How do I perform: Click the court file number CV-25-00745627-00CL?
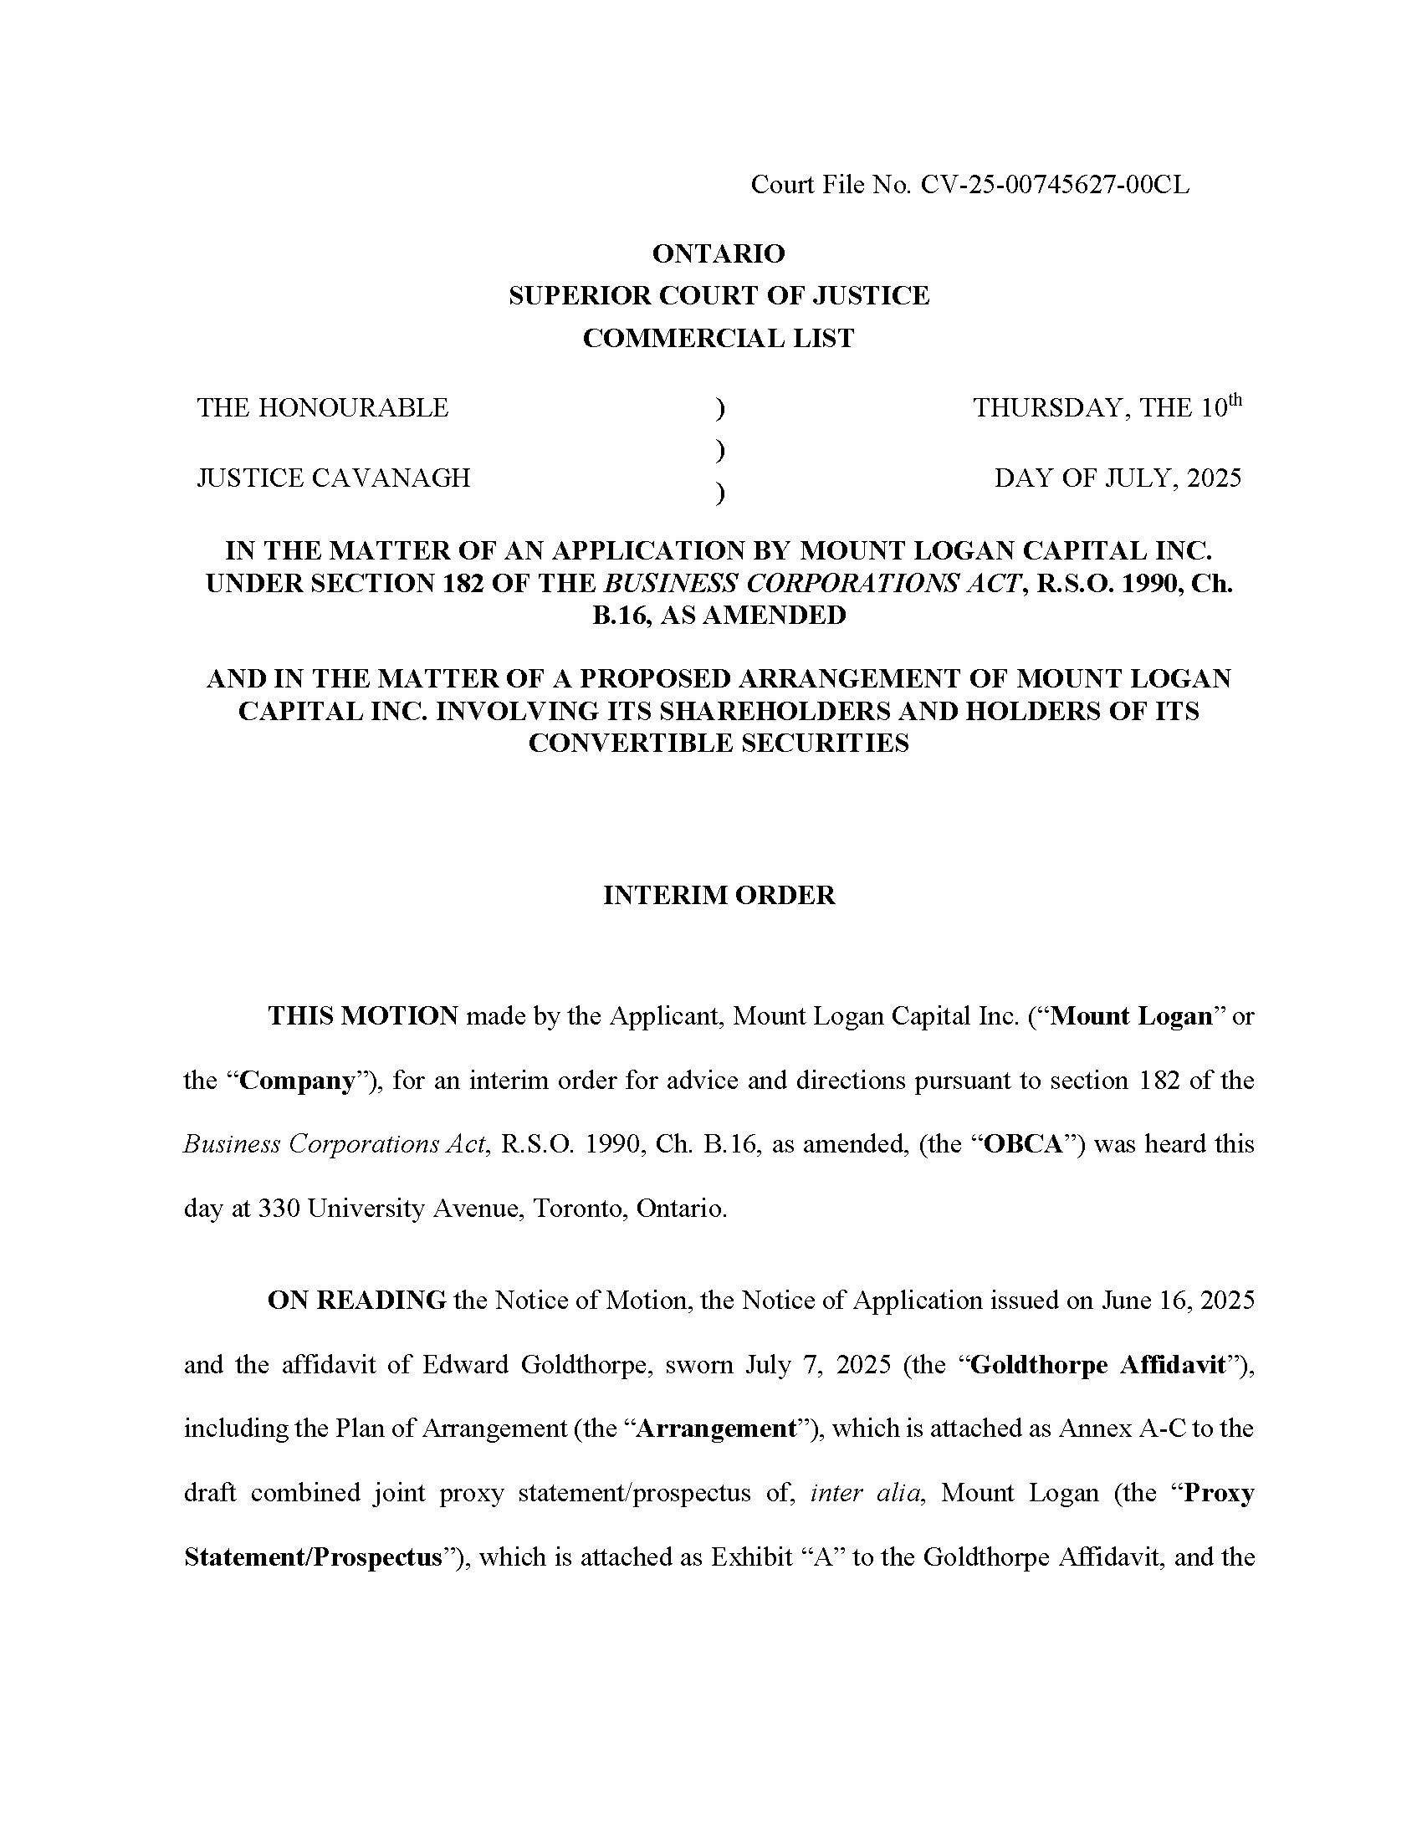(x=1055, y=185)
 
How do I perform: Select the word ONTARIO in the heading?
(x=719, y=253)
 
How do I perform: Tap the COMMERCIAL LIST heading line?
(x=719, y=339)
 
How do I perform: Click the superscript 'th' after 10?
(x=1234, y=399)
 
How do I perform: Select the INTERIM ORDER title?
(x=719, y=896)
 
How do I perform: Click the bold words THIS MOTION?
(x=363, y=1016)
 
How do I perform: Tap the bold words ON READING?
(x=356, y=1301)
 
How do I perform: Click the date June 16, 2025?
(x=1178, y=1301)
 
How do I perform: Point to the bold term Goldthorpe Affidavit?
(x=1097, y=1366)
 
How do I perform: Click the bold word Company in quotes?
(x=298, y=1081)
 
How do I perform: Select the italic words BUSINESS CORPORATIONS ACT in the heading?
(x=812, y=584)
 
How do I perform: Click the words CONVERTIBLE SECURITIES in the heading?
(x=719, y=744)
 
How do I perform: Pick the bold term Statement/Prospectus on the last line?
(x=313, y=1558)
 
